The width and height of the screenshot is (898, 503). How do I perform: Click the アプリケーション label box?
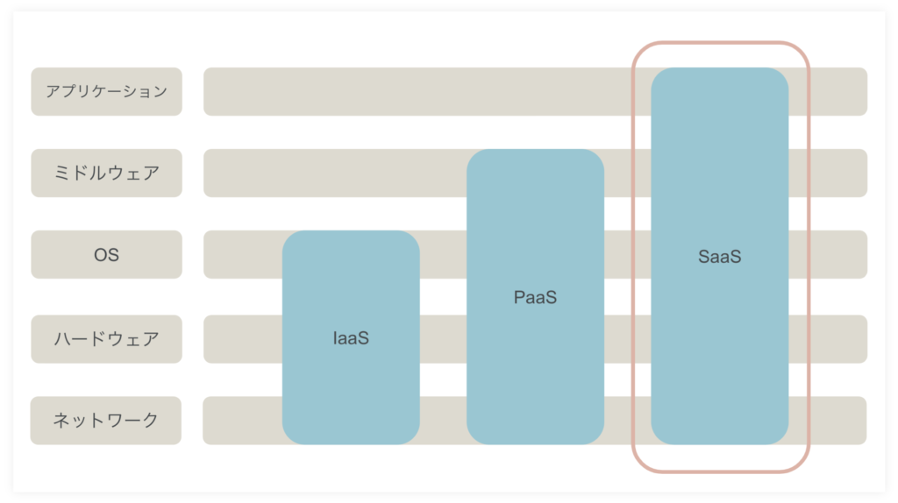click(x=106, y=91)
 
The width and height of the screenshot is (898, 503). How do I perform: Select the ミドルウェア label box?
click(x=106, y=173)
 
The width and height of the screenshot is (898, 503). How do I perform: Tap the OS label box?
click(x=106, y=255)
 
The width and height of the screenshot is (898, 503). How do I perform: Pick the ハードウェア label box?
click(x=106, y=339)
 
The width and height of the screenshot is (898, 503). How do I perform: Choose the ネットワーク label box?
click(x=106, y=421)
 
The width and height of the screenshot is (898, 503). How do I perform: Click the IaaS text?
click(x=351, y=338)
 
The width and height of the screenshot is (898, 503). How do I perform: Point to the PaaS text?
click(x=536, y=297)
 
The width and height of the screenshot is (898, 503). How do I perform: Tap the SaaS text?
click(x=720, y=257)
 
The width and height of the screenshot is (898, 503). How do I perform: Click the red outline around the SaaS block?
click(x=634, y=258)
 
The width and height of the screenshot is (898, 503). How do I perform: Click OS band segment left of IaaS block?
click(x=243, y=255)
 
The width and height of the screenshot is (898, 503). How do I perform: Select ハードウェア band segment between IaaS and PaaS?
click(x=443, y=339)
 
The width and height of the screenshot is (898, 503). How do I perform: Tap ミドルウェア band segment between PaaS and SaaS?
click(x=628, y=173)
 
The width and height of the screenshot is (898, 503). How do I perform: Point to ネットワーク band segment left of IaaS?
click(x=243, y=421)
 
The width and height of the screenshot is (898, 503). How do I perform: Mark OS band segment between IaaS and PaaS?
click(x=443, y=255)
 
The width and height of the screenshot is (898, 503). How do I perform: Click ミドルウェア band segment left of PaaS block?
click(x=336, y=173)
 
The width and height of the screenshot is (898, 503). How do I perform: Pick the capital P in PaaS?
click(x=519, y=297)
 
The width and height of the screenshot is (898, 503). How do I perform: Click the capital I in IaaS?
click(x=334, y=338)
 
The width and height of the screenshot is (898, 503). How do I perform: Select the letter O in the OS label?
click(x=100, y=255)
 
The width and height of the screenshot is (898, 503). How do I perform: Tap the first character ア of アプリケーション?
click(x=53, y=91)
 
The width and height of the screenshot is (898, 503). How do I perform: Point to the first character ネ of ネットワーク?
click(x=61, y=420)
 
